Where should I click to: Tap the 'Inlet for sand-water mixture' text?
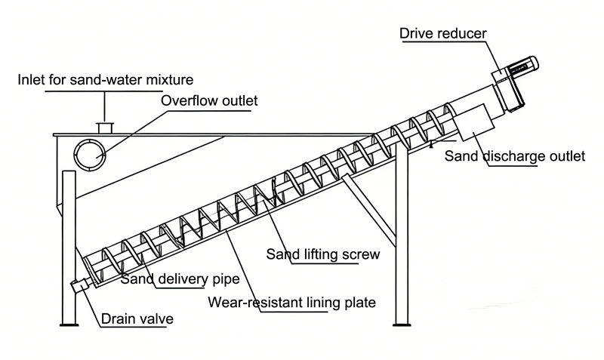click(x=106, y=78)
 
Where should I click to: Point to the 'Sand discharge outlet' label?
click(x=514, y=157)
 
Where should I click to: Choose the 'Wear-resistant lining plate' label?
click(x=292, y=303)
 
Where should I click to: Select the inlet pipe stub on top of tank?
click(x=105, y=125)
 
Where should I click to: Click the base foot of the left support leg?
click(x=69, y=324)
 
